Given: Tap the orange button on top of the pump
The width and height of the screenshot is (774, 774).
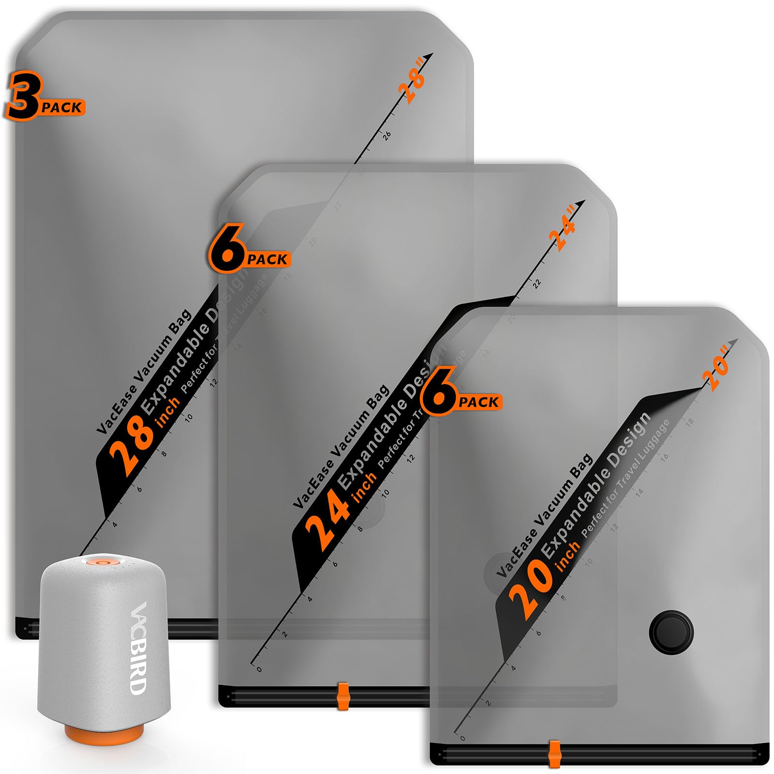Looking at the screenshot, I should click(x=102, y=562).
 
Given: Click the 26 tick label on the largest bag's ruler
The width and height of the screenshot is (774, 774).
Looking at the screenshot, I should click(x=387, y=136).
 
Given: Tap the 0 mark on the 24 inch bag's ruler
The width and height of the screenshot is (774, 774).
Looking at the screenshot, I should click(x=259, y=670).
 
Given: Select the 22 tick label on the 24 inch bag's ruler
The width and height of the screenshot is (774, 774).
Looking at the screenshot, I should click(x=536, y=283).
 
